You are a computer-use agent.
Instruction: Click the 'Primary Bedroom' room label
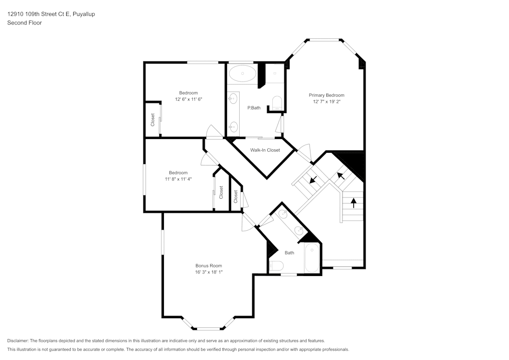[x=326, y=95]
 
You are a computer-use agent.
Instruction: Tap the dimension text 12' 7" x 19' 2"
[x=326, y=102]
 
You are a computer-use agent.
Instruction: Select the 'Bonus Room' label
[x=209, y=265]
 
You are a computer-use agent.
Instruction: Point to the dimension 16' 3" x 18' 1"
[x=209, y=272]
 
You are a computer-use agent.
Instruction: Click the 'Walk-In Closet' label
[x=265, y=150]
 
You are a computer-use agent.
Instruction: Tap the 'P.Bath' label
[x=254, y=108]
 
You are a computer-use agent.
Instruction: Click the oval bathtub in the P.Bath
[x=242, y=74]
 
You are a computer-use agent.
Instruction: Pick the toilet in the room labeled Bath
[x=275, y=265]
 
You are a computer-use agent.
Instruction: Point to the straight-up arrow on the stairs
[x=353, y=203]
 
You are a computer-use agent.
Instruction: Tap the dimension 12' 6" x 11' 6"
[x=188, y=99]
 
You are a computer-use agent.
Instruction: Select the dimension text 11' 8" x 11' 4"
[x=178, y=179]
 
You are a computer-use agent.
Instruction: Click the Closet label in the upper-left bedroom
[x=152, y=120]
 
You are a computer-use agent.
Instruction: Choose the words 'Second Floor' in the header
[x=24, y=23]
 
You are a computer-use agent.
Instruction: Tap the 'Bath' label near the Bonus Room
[x=289, y=253]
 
